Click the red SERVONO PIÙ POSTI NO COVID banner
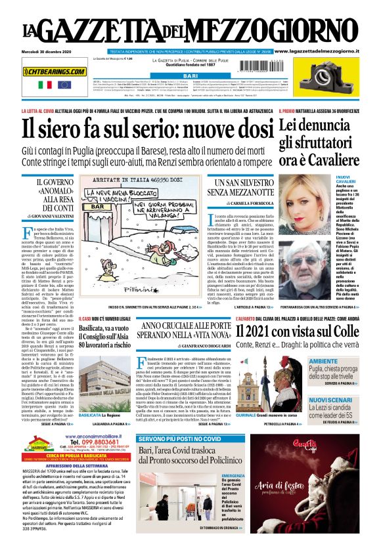coord(180,438)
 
